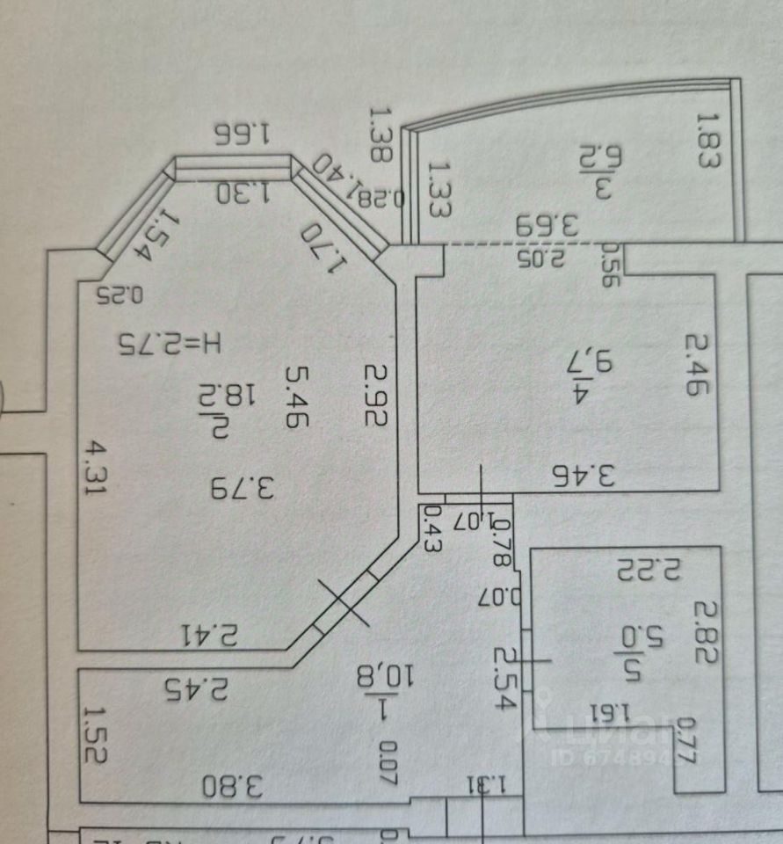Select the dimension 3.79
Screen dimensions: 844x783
243,486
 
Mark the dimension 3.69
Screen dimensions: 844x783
547,225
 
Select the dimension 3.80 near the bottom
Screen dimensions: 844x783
233,785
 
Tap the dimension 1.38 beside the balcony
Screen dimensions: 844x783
381,135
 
